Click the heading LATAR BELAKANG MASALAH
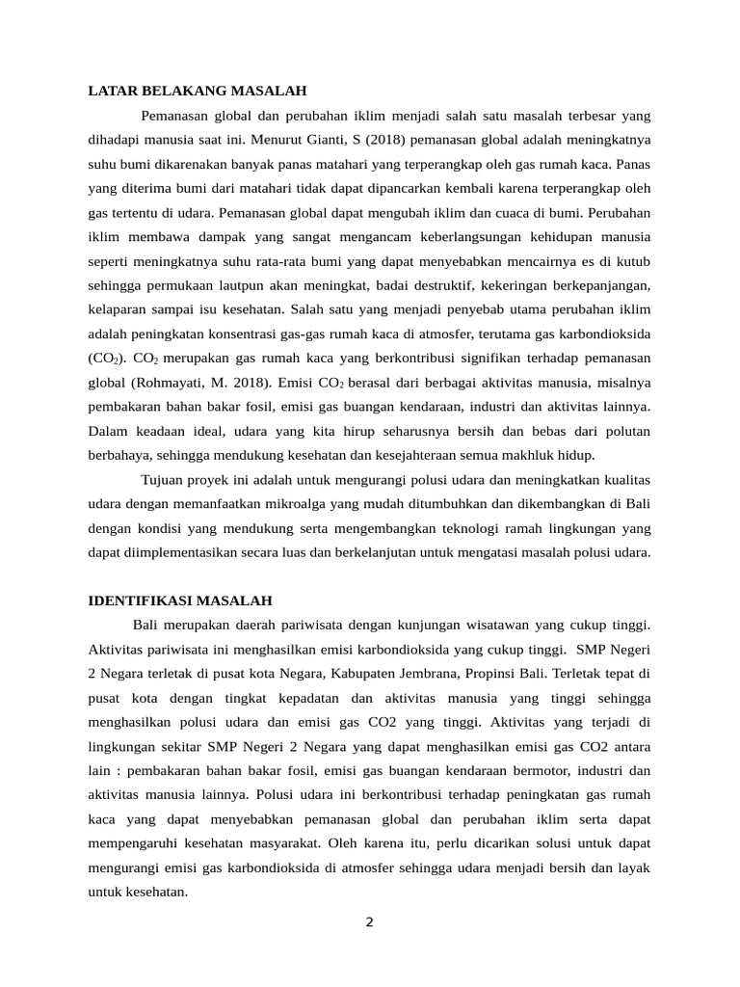197,92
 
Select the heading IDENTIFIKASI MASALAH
180,600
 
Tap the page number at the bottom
369,921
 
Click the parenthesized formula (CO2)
103,358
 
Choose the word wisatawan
467,625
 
